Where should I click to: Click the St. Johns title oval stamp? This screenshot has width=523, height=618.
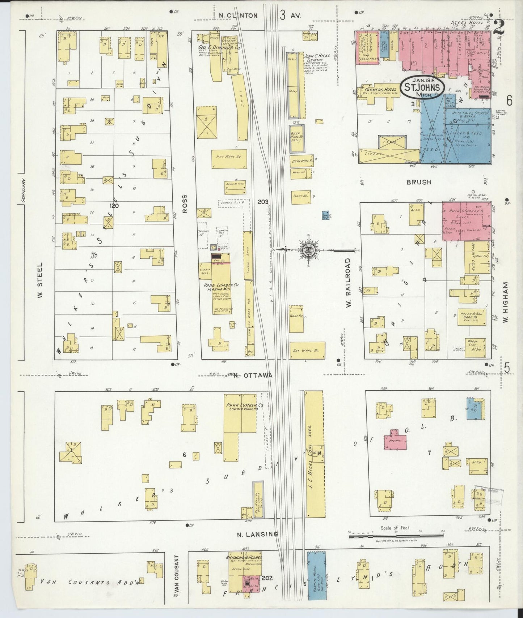pos(422,87)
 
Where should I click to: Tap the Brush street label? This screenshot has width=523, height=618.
pos(419,182)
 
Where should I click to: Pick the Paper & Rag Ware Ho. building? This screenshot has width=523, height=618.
pos(471,317)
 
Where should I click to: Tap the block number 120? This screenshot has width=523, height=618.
pos(115,206)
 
